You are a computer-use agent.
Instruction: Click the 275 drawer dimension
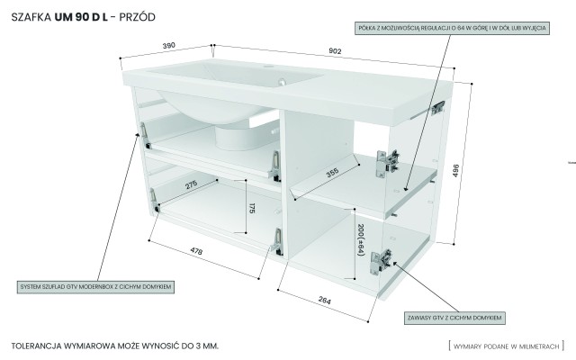click(192, 185)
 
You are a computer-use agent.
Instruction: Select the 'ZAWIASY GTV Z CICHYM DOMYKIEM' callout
click(454, 318)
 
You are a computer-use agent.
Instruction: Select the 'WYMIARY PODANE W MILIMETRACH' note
click(507, 346)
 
